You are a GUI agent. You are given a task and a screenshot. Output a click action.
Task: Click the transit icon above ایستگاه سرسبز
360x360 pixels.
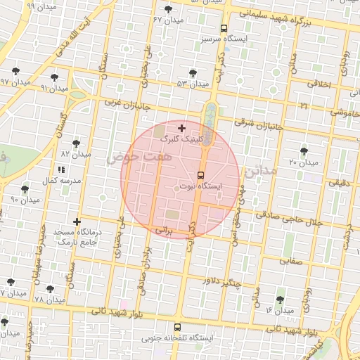[224, 29]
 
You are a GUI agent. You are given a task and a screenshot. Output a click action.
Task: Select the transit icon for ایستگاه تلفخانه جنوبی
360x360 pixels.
[176, 327]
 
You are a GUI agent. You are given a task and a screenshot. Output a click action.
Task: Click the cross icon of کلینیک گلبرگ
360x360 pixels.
[182, 128]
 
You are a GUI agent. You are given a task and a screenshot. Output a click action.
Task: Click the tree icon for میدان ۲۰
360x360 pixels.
[304, 151]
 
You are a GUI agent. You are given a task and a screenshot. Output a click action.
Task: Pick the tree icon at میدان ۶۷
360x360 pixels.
[167, 9]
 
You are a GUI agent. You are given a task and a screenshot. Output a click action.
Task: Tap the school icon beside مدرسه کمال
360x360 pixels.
[60, 169]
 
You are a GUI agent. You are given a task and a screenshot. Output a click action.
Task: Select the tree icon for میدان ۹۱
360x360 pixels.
[54, 77]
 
